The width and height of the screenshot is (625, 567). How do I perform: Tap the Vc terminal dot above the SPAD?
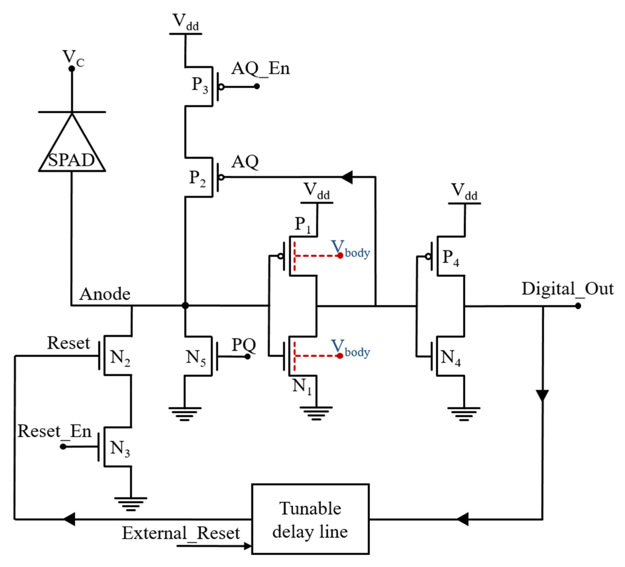tap(72, 68)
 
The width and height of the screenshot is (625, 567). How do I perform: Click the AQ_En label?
tap(260, 68)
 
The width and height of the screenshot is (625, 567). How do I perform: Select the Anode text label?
tap(105, 294)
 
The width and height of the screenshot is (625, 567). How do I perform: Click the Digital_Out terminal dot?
tap(578, 306)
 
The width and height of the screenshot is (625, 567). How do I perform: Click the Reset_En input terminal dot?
tap(63, 447)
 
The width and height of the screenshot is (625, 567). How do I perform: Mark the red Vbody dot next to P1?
tap(340, 256)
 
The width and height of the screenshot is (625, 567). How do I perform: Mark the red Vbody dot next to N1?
tap(340, 356)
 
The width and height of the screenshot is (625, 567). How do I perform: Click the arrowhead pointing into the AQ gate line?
tap(347, 177)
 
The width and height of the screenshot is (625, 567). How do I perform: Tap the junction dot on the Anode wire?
tap(185, 306)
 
